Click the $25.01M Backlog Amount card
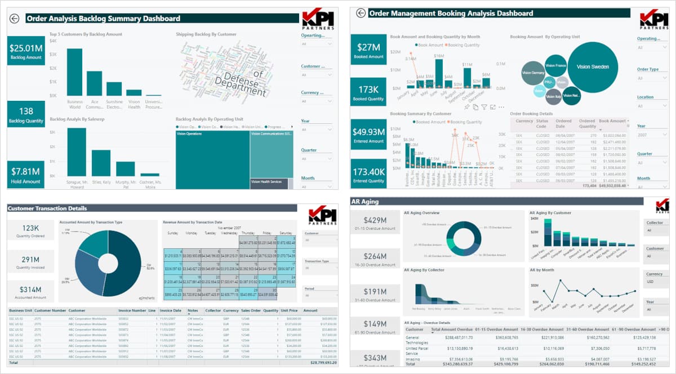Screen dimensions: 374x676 26,51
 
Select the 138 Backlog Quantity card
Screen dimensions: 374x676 26,114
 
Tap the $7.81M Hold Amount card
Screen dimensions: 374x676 26,175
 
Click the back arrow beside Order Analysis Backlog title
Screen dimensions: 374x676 15,19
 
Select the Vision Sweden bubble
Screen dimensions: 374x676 593,67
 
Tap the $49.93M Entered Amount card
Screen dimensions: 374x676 368,135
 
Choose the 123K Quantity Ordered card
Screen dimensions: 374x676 30,233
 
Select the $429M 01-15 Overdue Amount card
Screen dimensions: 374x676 375,224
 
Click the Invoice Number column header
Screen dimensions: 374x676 131,310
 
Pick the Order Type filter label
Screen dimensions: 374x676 648,69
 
